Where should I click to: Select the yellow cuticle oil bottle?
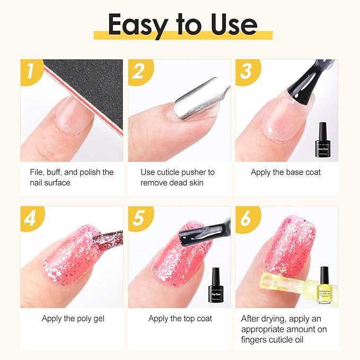(324, 288)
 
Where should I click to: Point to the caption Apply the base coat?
(286, 172)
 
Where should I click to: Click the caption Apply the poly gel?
(73, 319)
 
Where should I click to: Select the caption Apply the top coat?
(180, 319)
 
